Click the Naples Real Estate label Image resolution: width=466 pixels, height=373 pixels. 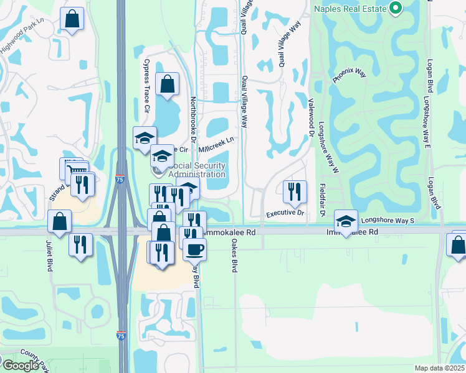tap(351, 9)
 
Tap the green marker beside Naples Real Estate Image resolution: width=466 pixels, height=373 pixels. tap(394, 8)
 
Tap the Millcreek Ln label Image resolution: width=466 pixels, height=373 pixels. tap(216, 144)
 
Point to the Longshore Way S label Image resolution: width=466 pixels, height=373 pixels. tap(388, 220)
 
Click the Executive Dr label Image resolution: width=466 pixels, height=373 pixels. tap(285, 213)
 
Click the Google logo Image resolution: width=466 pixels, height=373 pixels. tap(20, 365)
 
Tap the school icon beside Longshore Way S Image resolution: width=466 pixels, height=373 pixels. tap(345, 219)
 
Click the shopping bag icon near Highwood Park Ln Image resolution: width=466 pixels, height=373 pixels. tap(72, 19)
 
